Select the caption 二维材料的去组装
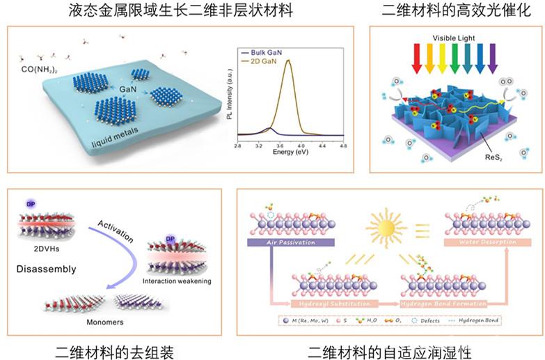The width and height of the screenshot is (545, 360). tap(113, 348)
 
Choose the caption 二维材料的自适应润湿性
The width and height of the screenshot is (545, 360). tap(390, 348)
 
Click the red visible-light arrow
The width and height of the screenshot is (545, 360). tap(417, 58)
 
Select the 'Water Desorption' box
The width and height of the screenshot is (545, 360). tap(488, 242)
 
